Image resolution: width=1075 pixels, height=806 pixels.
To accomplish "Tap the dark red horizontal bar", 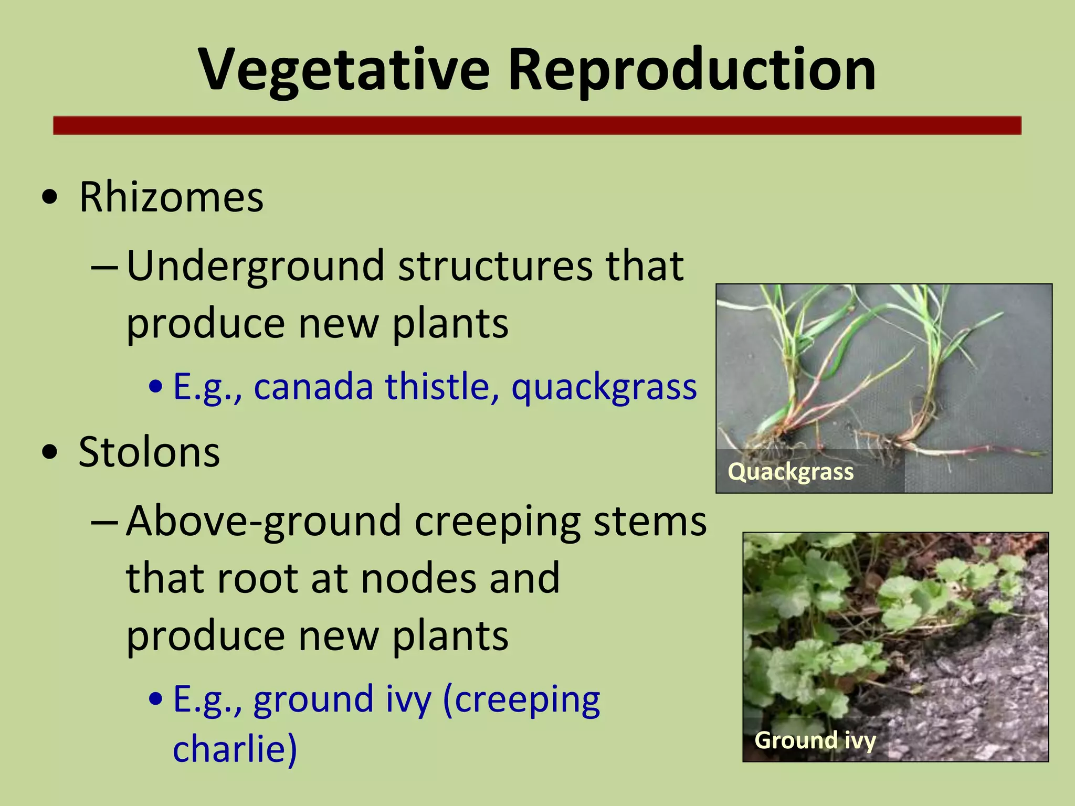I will [537, 126].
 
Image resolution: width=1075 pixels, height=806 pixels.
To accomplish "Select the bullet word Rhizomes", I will [171, 197].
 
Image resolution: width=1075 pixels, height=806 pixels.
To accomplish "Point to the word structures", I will [495, 266].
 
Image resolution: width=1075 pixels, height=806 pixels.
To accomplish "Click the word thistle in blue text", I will [442, 387].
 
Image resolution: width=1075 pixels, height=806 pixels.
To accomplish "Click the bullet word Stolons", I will [149, 452].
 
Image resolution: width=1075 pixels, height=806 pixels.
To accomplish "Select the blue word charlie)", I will [235, 749].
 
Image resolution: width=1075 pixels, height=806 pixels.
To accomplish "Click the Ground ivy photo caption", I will [815, 740].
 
